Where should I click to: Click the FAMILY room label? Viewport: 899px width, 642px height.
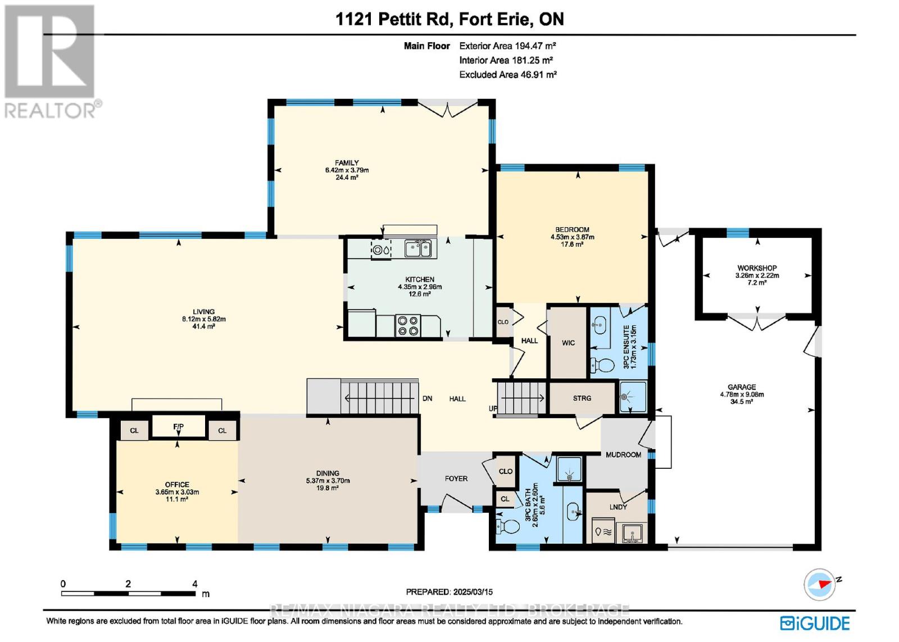point(347,163)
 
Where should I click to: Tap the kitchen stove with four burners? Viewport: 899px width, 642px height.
point(408,325)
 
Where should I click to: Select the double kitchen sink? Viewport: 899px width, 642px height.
point(418,248)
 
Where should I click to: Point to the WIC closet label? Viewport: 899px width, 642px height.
point(568,343)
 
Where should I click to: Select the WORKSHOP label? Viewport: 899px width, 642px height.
point(757,268)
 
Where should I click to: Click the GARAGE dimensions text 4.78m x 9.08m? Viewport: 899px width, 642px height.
point(742,395)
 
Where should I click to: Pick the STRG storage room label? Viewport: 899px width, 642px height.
point(582,398)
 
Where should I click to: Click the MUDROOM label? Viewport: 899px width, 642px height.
point(623,455)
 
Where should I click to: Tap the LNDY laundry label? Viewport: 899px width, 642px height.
point(618,507)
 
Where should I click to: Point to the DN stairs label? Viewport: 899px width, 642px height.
point(427,399)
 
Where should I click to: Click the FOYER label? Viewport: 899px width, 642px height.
point(456,478)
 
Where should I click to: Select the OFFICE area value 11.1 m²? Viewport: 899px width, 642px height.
point(177,499)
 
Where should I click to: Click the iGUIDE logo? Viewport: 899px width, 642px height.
point(815,623)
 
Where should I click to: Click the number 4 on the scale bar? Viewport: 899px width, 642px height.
point(195,584)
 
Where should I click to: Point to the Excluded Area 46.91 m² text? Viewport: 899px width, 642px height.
point(507,74)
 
